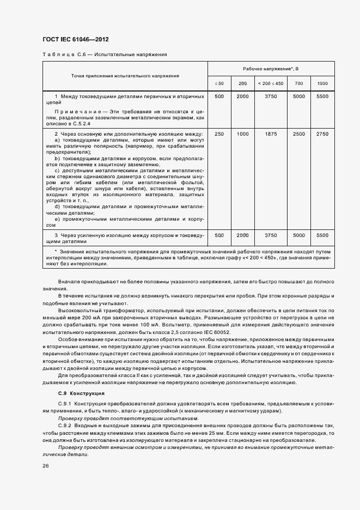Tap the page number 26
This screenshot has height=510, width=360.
(x=45, y=466)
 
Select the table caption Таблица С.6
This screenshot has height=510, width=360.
(x=62, y=54)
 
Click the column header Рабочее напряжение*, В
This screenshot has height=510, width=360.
(x=271, y=68)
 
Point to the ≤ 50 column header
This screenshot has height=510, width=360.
(x=219, y=83)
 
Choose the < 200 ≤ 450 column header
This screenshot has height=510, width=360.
(x=271, y=83)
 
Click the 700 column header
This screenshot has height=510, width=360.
(x=299, y=83)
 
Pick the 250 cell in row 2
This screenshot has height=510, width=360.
(x=219, y=133)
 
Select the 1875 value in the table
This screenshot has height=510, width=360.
(x=271, y=133)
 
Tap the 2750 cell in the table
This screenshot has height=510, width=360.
(x=322, y=133)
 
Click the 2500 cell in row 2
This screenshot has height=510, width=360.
(x=299, y=133)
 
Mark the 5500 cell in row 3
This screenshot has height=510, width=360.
(x=322, y=235)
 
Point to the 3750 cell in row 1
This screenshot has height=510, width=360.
(x=271, y=96)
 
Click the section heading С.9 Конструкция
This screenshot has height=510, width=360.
(x=82, y=393)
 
